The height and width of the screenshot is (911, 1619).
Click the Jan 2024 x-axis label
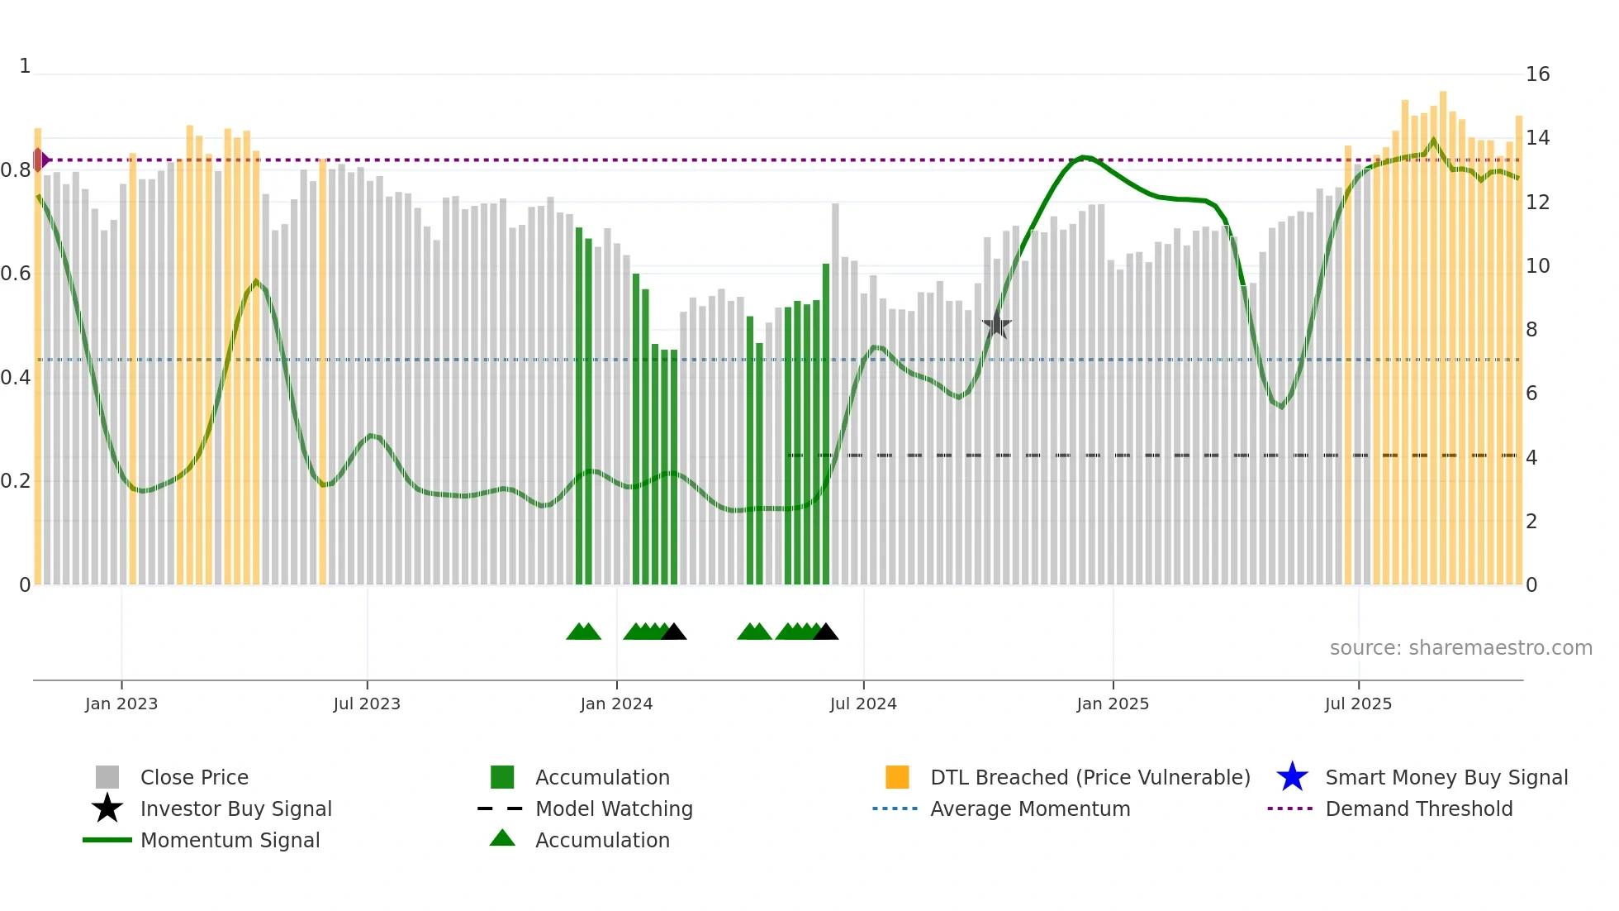click(616, 704)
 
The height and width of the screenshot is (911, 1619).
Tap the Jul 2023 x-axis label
click(367, 704)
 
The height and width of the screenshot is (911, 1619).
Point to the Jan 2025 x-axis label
click(1113, 704)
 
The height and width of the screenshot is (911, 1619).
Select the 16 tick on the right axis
click(1537, 74)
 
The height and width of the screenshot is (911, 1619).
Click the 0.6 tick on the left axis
click(16, 274)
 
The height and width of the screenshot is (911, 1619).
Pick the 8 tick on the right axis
click(1531, 330)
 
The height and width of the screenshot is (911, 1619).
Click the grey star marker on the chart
click(997, 325)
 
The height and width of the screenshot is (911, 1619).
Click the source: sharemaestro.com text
click(1460, 648)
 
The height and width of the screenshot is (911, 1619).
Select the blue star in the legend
click(1292, 777)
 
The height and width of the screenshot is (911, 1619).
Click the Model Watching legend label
click(614, 808)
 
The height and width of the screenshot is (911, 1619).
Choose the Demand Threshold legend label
click(1418, 808)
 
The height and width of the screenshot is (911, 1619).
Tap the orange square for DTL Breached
click(897, 777)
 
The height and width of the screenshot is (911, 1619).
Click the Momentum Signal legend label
click(230, 840)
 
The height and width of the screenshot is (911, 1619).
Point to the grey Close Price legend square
click(107, 777)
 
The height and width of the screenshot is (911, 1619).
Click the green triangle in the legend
click(502, 838)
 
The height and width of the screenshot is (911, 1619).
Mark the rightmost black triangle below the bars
click(825, 632)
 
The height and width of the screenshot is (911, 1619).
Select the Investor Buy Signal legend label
click(235, 808)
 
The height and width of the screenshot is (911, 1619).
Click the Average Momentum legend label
click(1030, 808)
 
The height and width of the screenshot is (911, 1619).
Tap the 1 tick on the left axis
click(25, 66)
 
